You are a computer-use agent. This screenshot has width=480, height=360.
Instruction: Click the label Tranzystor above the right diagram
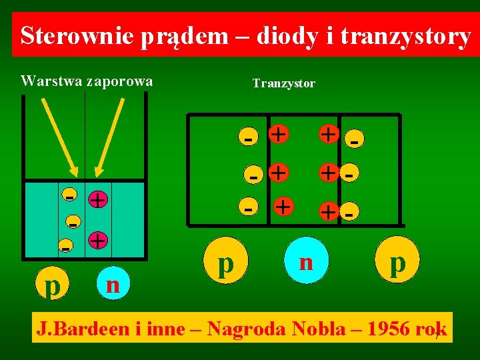(x=283, y=83)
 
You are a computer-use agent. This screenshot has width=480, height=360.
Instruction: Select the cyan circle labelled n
(x=306, y=261)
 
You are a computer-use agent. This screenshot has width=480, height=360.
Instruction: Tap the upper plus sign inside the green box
(x=98, y=199)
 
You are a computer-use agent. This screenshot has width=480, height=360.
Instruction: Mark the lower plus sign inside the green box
(x=98, y=240)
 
